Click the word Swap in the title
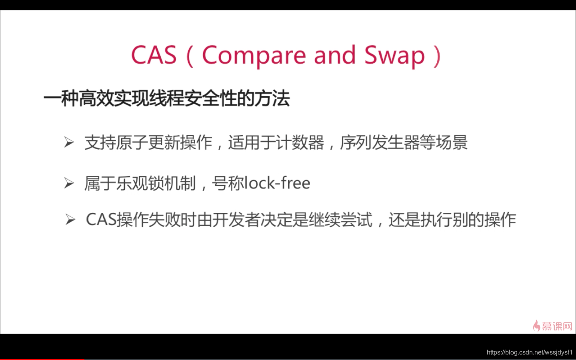pos(394,56)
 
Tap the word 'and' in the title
pos(335,54)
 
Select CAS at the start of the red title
pos(154,54)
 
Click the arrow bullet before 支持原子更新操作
pos(69,142)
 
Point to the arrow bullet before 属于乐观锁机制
pos(69,183)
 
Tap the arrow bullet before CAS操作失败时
pos(70,220)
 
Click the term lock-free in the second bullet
pos(277,183)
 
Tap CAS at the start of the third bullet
pos(101,220)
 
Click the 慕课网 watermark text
pos(557,326)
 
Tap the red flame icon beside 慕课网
pos(536,326)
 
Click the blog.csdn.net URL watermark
pos(530,352)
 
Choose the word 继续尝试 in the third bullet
pos(340,220)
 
